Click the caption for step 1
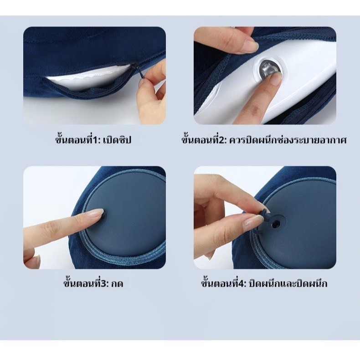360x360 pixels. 93,139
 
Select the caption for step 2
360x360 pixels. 264,139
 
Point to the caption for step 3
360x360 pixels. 93,283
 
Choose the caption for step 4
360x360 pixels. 264,283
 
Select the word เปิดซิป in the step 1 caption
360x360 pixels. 117,139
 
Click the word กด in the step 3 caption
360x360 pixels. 117,284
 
